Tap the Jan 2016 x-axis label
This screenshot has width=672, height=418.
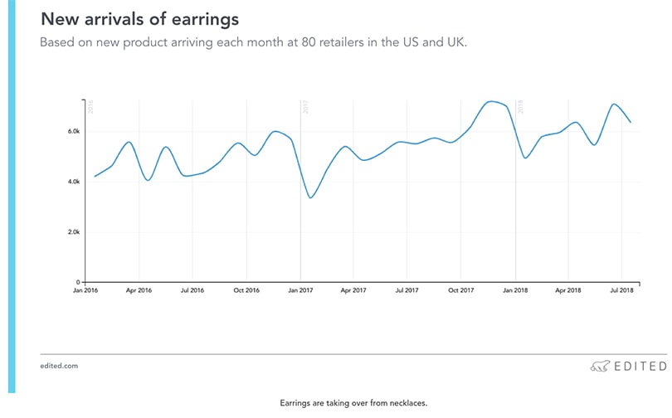[x=85, y=291]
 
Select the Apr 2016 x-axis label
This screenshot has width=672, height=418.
[x=139, y=291]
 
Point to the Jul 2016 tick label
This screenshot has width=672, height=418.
[x=192, y=291]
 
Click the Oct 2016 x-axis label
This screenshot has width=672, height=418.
[x=246, y=291]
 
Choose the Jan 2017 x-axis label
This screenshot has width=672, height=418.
[x=300, y=291]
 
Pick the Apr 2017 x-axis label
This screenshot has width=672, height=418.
[x=353, y=291]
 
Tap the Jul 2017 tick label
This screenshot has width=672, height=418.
[x=407, y=291]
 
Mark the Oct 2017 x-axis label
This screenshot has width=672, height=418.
[x=460, y=291]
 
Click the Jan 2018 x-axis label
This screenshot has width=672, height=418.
[x=515, y=291]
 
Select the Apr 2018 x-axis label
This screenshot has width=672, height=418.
[x=567, y=291]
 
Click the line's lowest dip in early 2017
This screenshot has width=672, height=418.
[x=310, y=197]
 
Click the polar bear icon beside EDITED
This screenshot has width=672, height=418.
[x=600, y=366]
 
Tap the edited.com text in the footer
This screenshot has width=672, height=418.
[x=59, y=366]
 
